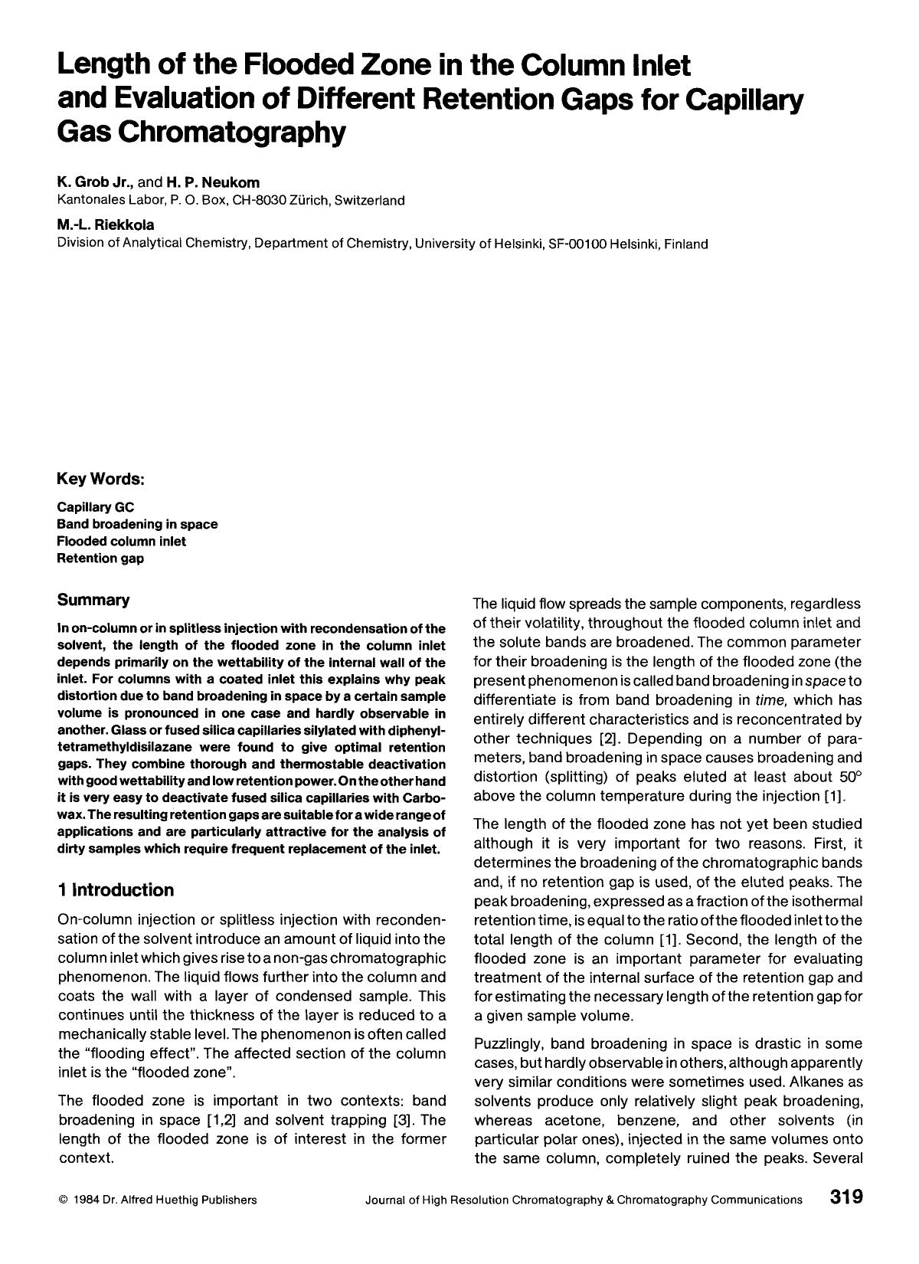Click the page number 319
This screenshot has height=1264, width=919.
[x=845, y=1197]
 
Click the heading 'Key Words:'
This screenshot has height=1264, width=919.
[x=101, y=479]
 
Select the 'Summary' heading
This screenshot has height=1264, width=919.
[x=93, y=600]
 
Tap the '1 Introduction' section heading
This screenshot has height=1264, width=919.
[x=116, y=889]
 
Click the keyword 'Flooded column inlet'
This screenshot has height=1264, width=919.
[x=122, y=541]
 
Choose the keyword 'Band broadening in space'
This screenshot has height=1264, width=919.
[x=138, y=524]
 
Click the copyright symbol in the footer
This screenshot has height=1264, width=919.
[x=63, y=1200]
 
